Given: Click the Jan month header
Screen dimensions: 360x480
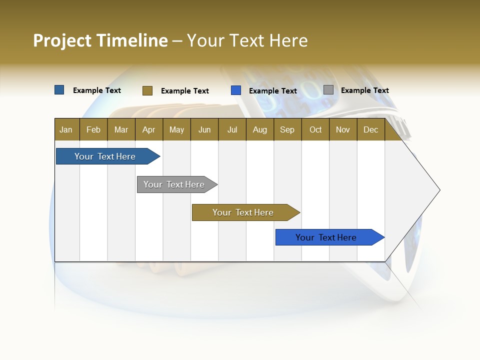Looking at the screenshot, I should coord(66,129).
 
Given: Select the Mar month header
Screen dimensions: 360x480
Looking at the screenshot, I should coord(121,129).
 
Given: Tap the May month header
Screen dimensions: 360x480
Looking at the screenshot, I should coord(176,129).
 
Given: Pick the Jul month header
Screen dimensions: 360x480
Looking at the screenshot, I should coord(232,129).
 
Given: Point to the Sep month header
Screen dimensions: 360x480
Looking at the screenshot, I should coord(287,129).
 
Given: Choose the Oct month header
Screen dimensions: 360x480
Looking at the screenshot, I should coord(315,129).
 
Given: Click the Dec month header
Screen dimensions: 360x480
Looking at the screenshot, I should coord(370,129).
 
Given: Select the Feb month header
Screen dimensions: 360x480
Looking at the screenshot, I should coord(93,129).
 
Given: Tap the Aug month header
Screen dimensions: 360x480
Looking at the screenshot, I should coord(259,129).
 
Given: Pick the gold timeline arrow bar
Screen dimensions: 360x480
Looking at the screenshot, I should coord(243,212).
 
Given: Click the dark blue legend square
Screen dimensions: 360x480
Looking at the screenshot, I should coord(59,90).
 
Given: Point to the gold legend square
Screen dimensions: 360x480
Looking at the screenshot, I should coord(147,90).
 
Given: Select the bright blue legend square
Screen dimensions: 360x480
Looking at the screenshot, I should coord(236,90).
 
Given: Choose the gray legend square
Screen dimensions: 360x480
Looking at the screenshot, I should coord(328,90).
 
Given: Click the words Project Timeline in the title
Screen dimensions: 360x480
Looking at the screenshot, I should coord(100,40).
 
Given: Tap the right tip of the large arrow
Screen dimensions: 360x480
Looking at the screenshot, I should coord(438,190).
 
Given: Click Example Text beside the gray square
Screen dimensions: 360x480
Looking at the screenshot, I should coord(364,90).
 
